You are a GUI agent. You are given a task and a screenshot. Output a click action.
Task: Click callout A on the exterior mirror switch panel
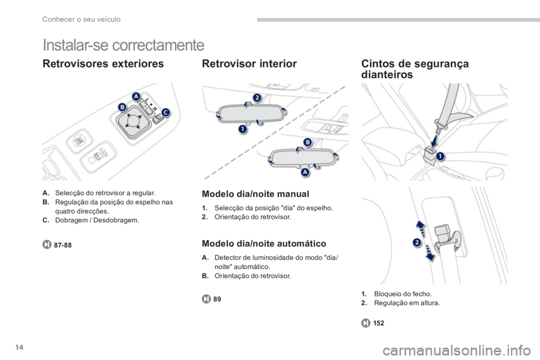click(x=136, y=96)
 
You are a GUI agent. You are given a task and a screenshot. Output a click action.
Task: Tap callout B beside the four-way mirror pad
click(x=122, y=107)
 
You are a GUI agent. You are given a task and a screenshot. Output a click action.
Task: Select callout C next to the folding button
click(x=166, y=112)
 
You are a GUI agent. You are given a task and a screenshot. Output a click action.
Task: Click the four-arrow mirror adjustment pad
click(x=133, y=121)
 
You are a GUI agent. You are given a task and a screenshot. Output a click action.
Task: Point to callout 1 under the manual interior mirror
click(x=243, y=129)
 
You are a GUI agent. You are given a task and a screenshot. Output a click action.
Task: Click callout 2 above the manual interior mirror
click(x=257, y=97)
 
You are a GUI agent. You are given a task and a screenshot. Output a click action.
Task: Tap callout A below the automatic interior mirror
click(x=305, y=172)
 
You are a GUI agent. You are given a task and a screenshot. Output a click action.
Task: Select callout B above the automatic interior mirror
click(x=308, y=142)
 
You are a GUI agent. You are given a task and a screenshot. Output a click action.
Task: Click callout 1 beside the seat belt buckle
click(x=440, y=157)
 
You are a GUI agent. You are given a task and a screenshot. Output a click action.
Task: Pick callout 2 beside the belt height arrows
click(x=417, y=242)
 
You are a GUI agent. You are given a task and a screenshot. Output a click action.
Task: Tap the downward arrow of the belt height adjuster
click(x=429, y=253)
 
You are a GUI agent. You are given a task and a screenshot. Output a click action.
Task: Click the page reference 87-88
click(x=62, y=245)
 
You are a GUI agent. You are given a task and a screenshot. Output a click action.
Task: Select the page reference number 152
click(x=379, y=323)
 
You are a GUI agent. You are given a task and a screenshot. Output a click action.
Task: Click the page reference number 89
click(x=217, y=299)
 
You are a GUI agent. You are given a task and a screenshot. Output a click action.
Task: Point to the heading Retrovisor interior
click(x=249, y=64)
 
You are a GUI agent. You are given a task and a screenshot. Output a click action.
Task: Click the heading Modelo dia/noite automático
click(x=264, y=244)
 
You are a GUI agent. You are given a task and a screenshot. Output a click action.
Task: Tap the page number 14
click(x=19, y=347)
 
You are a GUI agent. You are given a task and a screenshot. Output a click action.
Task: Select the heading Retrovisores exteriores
click(x=103, y=64)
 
